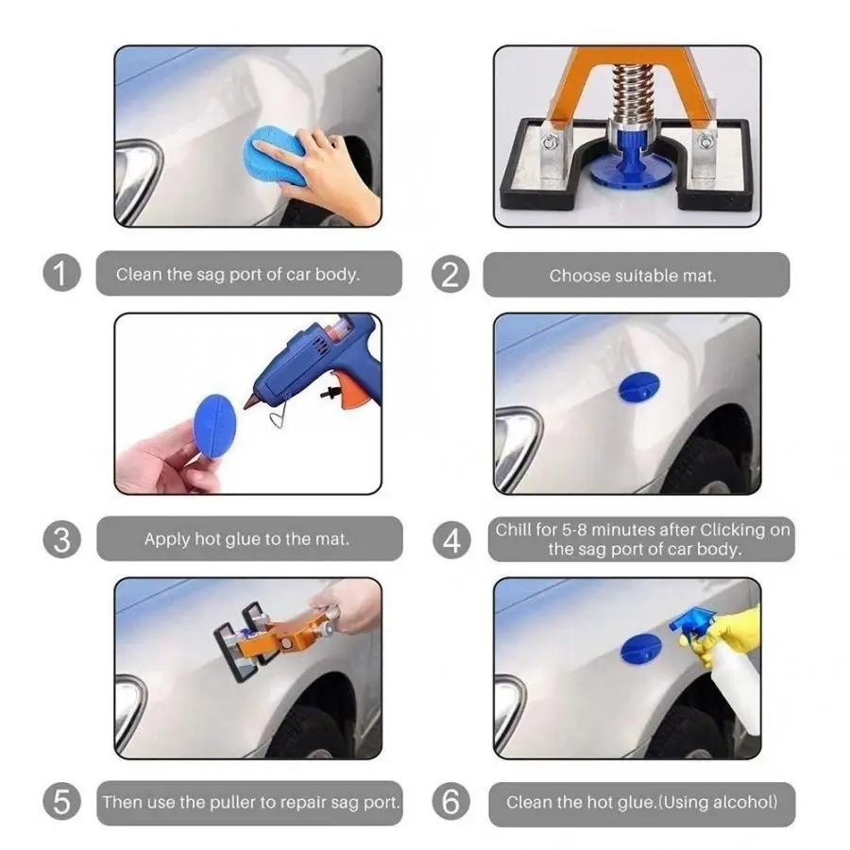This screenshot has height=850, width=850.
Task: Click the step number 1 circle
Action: click(x=61, y=273)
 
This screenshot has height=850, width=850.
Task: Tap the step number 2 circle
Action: click(x=450, y=274)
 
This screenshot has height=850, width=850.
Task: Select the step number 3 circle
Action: click(x=61, y=539)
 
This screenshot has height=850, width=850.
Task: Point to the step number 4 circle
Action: click(x=451, y=540)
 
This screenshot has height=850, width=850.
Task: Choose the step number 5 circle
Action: click(x=61, y=801)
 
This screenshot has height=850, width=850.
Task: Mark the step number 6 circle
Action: click(x=451, y=802)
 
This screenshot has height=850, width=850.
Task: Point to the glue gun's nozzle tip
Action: click(x=246, y=405)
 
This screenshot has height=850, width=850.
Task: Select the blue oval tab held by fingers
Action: click(x=214, y=427)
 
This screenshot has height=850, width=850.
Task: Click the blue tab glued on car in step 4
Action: click(x=639, y=387)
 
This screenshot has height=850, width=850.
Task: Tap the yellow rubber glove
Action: click(x=729, y=633)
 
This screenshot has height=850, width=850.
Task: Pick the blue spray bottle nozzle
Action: click(x=691, y=621)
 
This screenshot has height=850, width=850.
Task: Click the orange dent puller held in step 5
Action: click(x=277, y=638)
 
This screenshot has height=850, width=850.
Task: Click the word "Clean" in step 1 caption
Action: click(x=139, y=274)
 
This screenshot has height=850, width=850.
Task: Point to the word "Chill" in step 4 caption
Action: click(x=513, y=530)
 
